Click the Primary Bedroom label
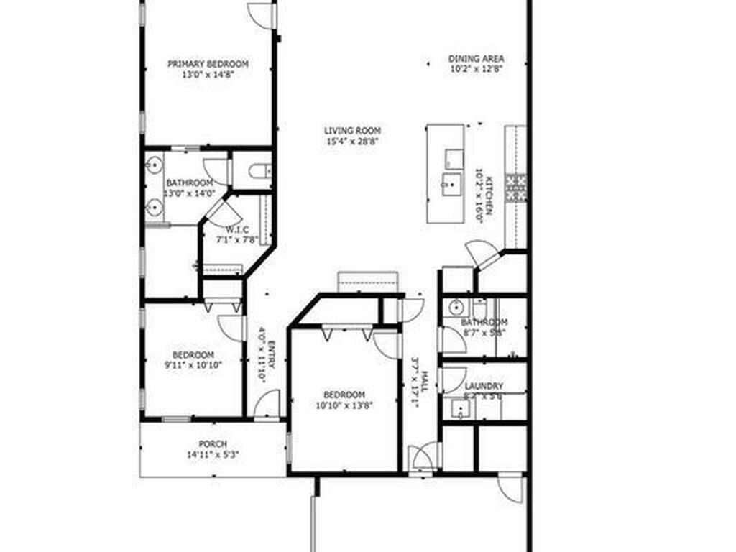point(208,64)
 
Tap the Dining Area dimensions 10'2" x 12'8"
point(476,69)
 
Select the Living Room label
point(352,131)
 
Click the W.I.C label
point(237,229)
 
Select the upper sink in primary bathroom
point(153,167)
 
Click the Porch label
point(213,444)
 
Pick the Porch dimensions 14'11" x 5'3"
point(213,454)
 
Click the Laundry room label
point(484,386)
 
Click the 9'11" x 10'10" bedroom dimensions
point(193,364)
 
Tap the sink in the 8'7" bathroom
point(455,308)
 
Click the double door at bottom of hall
point(424,457)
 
